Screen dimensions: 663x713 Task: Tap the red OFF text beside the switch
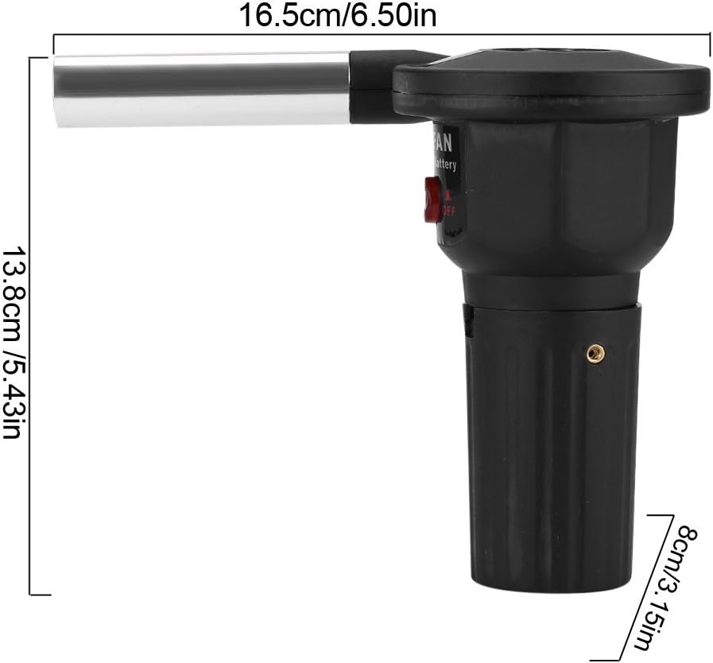(449, 211)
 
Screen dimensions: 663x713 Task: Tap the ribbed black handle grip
(548, 461)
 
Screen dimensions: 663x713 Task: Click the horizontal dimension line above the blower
(382, 34)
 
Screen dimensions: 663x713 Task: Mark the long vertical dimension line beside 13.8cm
(30, 326)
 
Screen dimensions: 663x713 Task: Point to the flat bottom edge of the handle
(548, 590)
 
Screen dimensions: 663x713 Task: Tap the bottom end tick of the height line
(40, 594)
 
